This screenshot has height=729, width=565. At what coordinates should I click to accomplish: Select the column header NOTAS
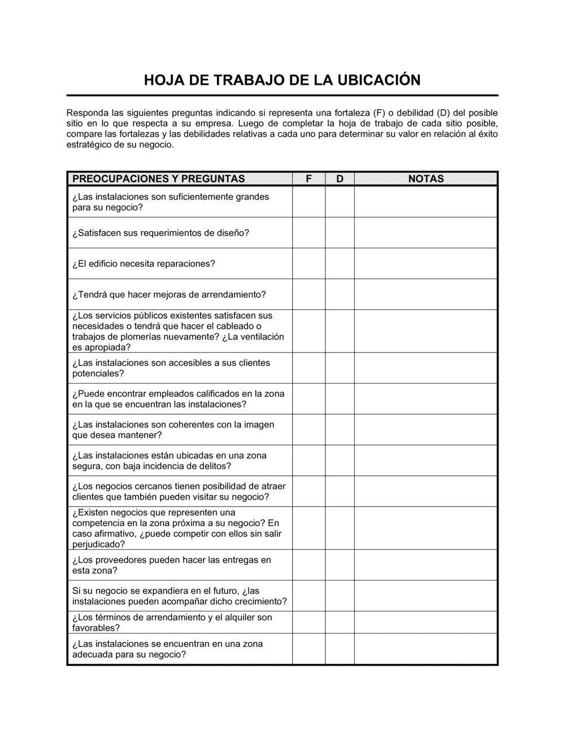pos(425,179)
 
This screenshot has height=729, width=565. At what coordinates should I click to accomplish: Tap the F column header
pos(308,179)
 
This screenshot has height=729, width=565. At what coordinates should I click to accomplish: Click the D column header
pos(340,179)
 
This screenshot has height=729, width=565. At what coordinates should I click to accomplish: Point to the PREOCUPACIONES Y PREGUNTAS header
pos(159,179)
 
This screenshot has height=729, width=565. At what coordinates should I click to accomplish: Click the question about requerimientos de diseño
pos(160,233)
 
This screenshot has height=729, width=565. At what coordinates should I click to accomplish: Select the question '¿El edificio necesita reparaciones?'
pos(144,263)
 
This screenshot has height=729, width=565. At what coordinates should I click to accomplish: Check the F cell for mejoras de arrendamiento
pos(308,294)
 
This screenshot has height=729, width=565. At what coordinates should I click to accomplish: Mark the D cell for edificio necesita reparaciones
pos(340,263)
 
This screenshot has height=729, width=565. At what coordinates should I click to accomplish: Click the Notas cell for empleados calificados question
pos(425,399)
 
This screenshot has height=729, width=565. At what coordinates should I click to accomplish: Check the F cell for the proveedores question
pos(308,565)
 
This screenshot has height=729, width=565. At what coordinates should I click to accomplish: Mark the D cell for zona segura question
pos(340,461)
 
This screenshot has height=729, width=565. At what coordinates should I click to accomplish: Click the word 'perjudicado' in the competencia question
pos(97,545)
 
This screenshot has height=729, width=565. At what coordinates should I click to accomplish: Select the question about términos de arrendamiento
pos(172,622)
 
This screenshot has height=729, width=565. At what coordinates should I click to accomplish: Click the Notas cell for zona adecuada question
pos(425,649)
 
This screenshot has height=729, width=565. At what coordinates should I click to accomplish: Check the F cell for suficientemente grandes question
pos(308,202)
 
